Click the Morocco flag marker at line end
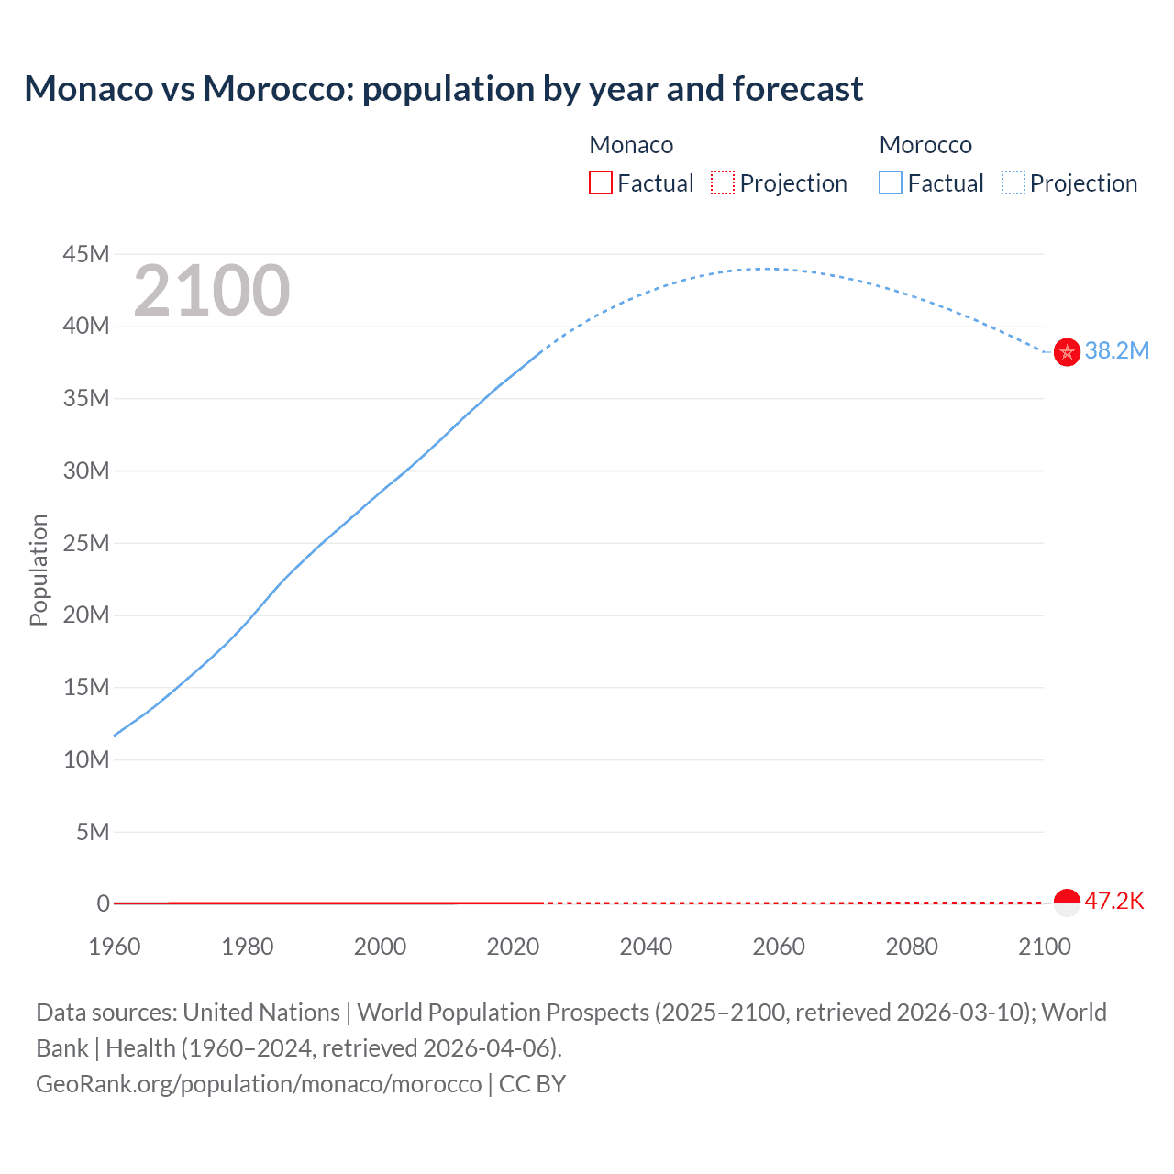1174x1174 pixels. pos(1067,351)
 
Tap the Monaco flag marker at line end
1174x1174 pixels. pos(1067,903)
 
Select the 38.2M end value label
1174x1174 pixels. pos(1116,351)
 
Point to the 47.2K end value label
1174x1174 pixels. pos(1114,901)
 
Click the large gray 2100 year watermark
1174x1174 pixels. pos(212,291)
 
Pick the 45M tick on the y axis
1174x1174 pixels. pos(86,254)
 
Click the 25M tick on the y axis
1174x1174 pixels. pos(86,543)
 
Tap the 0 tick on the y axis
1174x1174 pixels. pos(103,903)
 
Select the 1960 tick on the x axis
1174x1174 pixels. pos(115,947)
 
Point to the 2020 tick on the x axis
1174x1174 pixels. pos(513,947)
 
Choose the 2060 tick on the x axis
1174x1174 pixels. pos(779,947)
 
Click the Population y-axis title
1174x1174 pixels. pos(39,570)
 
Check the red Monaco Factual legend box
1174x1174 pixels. pos(601,183)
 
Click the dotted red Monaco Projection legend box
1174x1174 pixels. pos(723,183)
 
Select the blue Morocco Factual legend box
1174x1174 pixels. pos(891,183)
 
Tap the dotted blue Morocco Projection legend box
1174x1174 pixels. pos(1013,183)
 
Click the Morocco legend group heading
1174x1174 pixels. pos(925,145)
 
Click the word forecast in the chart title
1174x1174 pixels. pos(798,89)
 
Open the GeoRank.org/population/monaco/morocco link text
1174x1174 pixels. pos(259,1084)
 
